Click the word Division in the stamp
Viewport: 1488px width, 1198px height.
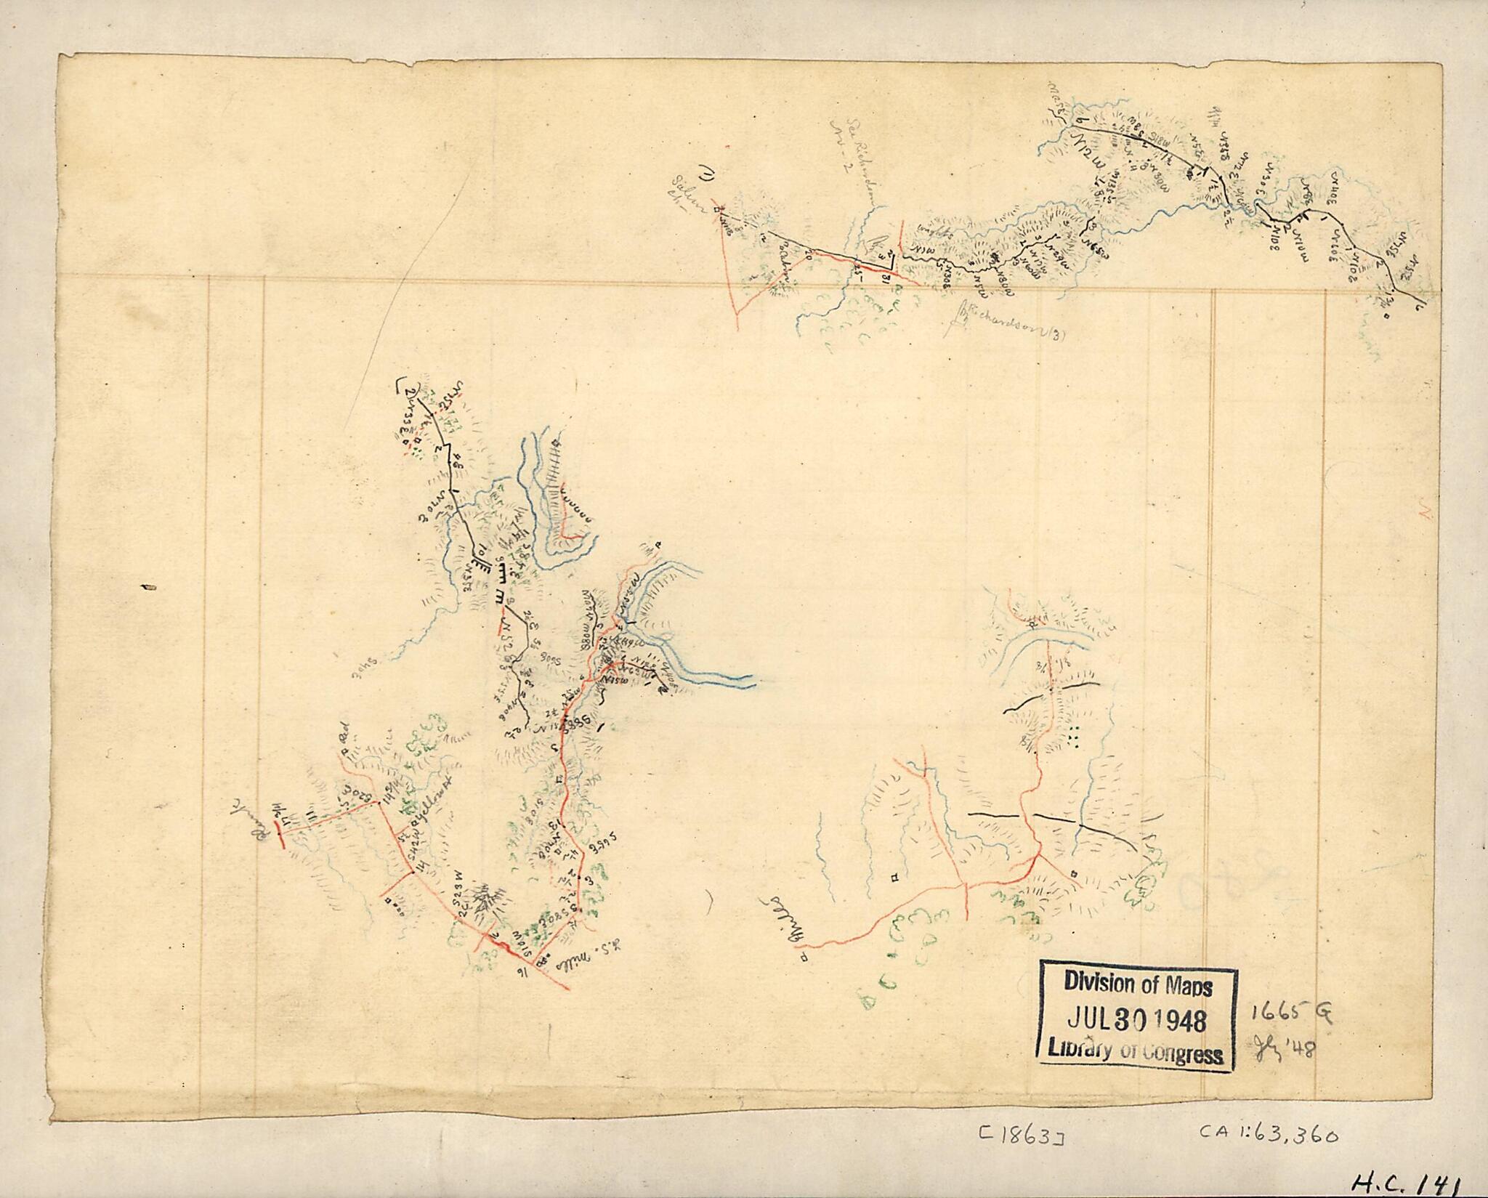(1096, 984)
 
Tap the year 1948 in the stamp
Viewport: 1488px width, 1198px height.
(1171, 1021)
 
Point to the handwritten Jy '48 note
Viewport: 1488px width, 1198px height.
(1286, 1048)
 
